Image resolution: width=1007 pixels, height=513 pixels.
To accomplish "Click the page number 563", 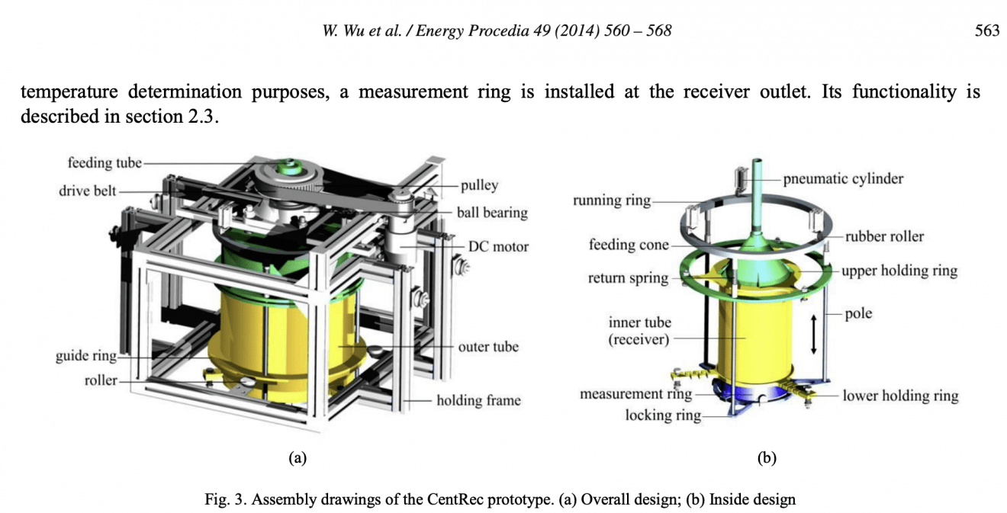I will point(987,31).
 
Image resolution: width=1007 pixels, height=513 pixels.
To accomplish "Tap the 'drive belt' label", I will point(87,191).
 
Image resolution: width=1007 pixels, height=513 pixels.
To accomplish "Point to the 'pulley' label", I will point(479,184).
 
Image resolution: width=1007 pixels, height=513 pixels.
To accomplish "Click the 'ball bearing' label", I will point(492,213).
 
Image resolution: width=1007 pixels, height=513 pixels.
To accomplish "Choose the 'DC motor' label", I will point(497,246).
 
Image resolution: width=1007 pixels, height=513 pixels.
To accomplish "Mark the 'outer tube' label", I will point(488,347).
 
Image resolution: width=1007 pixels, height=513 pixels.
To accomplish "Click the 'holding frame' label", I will point(478,400).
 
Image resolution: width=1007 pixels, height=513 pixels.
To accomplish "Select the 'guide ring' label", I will point(86,356).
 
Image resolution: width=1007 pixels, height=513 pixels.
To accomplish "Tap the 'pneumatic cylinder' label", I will point(843,179).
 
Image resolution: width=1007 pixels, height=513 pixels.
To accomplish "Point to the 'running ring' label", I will point(612,200).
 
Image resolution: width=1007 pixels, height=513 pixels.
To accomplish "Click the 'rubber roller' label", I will point(884,236).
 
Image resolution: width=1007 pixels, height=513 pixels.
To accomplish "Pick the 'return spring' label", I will point(628,278).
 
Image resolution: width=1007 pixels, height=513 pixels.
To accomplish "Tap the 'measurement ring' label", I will point(635,394).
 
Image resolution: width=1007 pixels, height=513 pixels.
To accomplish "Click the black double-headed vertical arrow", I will point(814,335).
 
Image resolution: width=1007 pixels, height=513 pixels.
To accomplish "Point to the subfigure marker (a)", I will point(297,458).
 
